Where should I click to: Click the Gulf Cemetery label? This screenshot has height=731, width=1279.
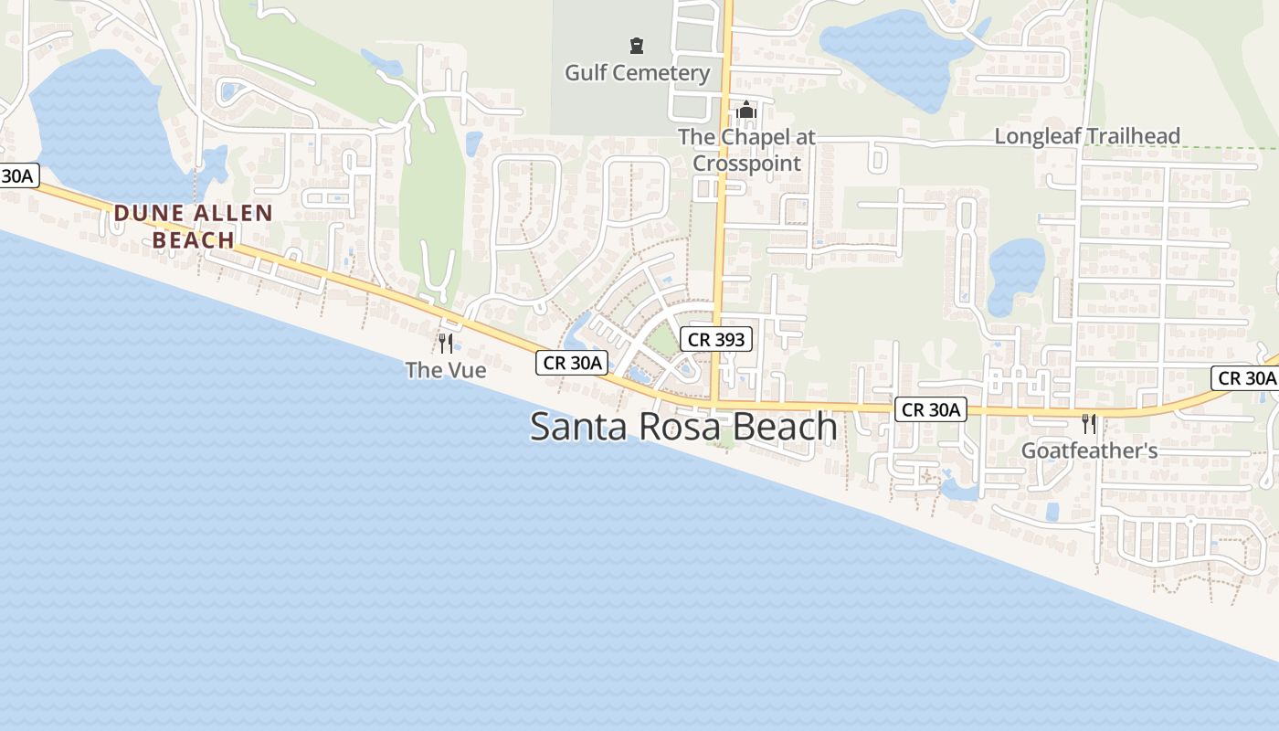(637, 73)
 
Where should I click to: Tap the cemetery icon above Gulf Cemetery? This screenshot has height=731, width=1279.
(637, 46)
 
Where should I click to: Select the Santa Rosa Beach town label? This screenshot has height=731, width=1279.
(683, 427)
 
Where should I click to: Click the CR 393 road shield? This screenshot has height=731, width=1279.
(716, 340)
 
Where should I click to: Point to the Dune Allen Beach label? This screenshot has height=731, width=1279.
(193, 227)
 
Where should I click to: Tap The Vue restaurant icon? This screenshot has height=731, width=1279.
(446, 344)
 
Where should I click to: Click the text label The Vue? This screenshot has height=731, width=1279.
(446, 370)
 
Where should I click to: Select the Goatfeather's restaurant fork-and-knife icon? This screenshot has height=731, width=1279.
(1088, 423)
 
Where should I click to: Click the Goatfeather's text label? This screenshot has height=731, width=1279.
(1089, 450)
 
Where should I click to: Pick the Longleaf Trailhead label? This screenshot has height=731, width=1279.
(1087, 136)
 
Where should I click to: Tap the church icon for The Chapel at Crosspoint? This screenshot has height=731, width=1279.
(746, 112)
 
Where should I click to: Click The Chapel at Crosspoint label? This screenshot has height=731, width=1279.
(746, 150)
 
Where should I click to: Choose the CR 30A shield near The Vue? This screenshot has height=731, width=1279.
(572, 363)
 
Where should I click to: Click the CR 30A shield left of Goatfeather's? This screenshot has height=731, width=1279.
(930, 409)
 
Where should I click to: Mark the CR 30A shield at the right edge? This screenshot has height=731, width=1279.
(1246, 377)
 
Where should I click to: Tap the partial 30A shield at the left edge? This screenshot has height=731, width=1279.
(18, 175)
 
